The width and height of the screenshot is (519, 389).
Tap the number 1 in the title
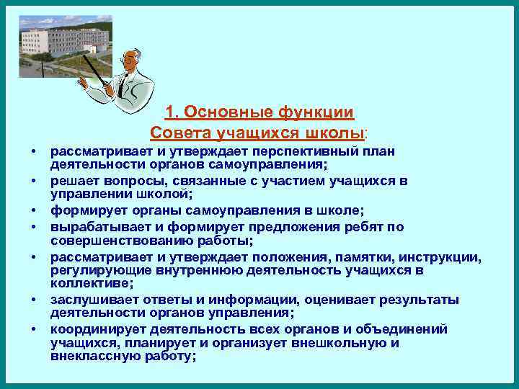[x=170, y=112]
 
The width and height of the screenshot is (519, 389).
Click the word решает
[x=73, y=180]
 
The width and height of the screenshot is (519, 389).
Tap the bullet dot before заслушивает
[x=34, y=300]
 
